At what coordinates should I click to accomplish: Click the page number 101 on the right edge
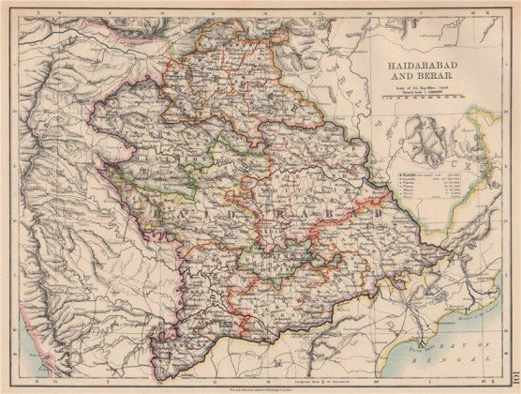[514, 198]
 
